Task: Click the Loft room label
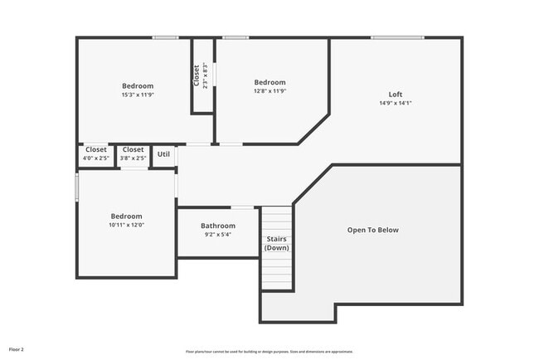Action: (x=396, y=94)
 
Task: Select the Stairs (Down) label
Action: (x=277, y=243)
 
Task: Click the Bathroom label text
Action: (x=218, y=226)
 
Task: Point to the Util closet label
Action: (x=163, y=153)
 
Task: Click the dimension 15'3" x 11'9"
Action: (x=138, y=95)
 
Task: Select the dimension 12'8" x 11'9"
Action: (x=269, y=91)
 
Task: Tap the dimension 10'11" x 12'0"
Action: (x=126, y=225)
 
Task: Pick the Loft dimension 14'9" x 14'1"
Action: (x=396, y=103)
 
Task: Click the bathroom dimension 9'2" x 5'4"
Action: (x=218, y=234)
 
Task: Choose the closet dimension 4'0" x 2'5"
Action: (x=95, y=158)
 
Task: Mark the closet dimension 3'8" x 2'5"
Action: (x=133, y=158)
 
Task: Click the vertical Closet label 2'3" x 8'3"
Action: (x=200, y=76)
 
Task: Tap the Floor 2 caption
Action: (x=17, y=349)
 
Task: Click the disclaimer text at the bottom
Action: (x=269, y=351)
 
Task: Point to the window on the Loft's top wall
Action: (x=397, y=37)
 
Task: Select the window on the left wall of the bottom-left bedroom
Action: (x=77, y=186)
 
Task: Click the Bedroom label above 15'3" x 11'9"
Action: (x=138, y=85)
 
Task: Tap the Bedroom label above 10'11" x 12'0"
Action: (x=126, y=216)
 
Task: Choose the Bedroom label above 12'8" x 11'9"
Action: (x=269, y=82)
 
